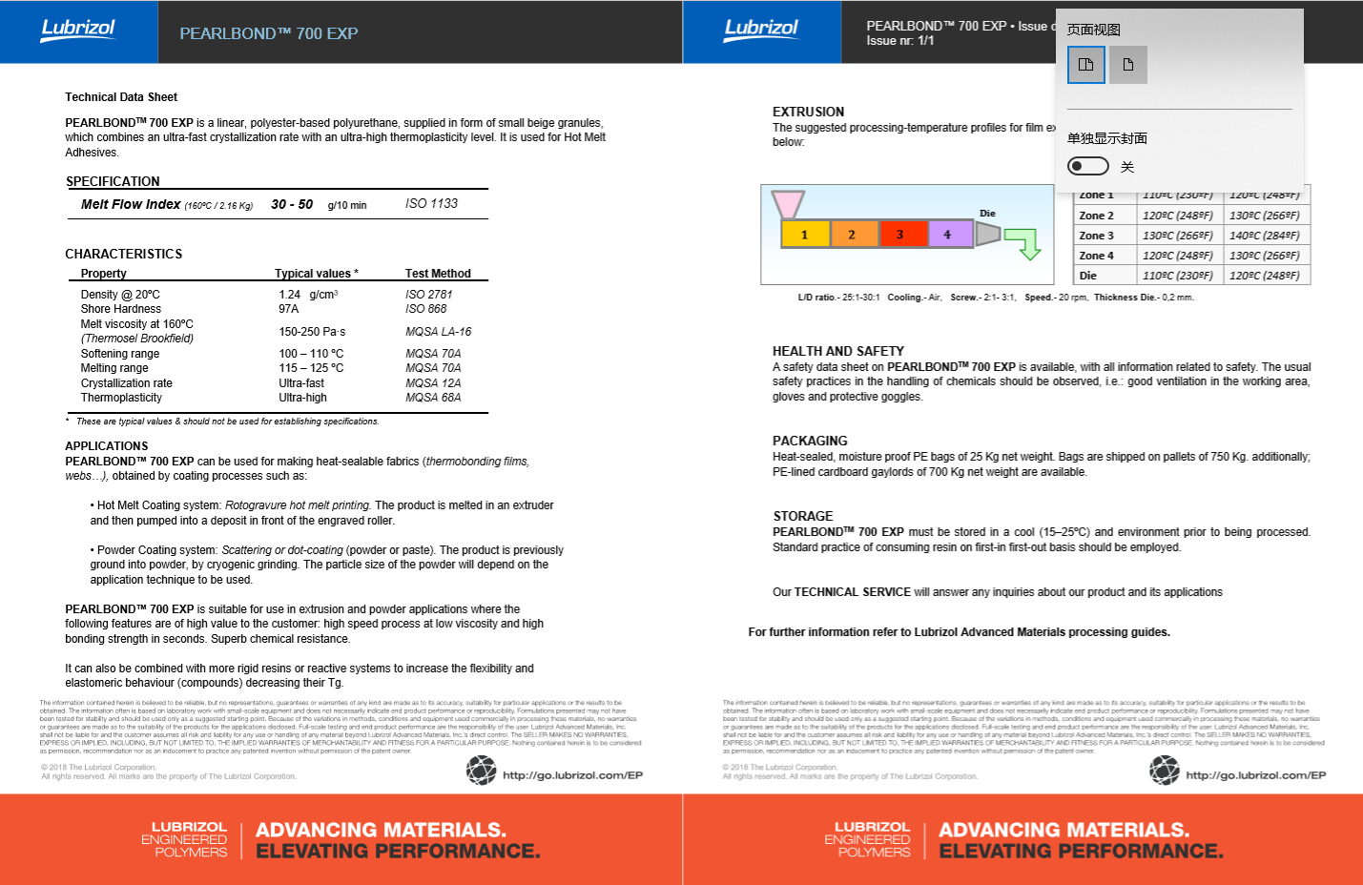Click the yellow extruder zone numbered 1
click(804, 235)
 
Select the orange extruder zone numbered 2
click(852, 235)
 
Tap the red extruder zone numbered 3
click(899, 235)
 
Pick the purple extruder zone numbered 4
click(947, 234)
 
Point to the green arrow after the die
click(1024, 242)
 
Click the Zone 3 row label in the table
click(1096, 236)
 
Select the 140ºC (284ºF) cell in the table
click(1264, 236)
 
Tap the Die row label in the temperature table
click(1088, 276)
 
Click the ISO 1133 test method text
click(431, 203)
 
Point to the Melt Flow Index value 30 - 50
click(292, 204)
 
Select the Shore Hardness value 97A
click(289, 309)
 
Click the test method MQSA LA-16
click(438, 332)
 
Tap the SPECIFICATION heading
click(113, 181)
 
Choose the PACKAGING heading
click(810, 441)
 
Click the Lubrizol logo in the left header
click(78, 30)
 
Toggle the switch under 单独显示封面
click(1088, 166)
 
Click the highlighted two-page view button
click(1086, 65)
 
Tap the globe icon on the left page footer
click(481, 771)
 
